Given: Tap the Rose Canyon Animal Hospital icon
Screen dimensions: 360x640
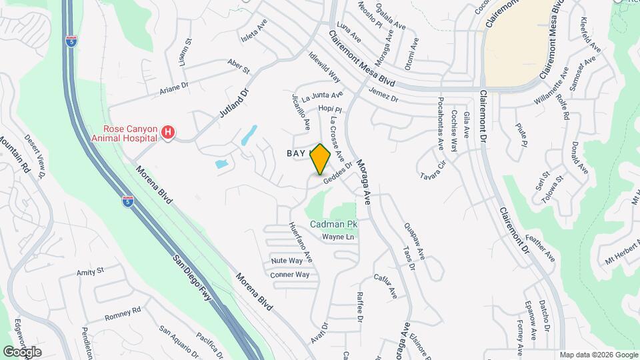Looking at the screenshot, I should coord(168,134).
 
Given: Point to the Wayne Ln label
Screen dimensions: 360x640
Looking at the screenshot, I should coord(337,237).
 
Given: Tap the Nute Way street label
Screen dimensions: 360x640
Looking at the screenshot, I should coord(287,261).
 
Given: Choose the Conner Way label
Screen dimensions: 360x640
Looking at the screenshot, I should coord(289,275).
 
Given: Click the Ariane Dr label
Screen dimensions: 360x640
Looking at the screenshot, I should coord(175,88).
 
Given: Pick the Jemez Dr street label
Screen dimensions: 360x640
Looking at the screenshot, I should coord(383,95).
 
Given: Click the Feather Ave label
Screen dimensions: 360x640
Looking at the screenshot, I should coord(540,247).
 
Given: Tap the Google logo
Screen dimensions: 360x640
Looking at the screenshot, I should coord(22,351).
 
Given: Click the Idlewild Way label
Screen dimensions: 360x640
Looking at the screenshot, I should coord(325,67).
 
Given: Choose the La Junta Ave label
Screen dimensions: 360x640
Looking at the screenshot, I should coord(323,97).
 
